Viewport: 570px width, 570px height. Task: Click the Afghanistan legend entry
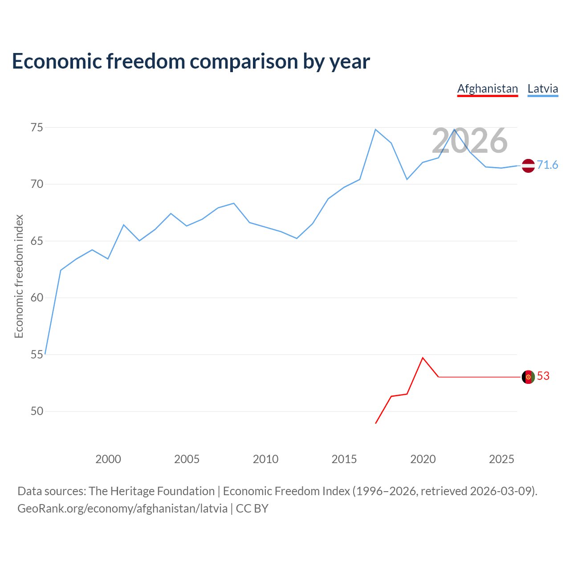(x=488, y=89)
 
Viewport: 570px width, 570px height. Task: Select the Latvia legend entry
(x=542, y=89)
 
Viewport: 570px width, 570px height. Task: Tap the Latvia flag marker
(x=528, y=166)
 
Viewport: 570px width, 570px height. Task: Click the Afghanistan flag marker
(x=528, y=377)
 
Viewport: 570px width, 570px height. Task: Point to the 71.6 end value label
(x=547, y=165)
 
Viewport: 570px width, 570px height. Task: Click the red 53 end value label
(x=543, y=376)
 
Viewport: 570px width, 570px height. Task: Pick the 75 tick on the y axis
(x=37, y=128)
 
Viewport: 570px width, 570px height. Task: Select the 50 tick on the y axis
(x=37, y=411)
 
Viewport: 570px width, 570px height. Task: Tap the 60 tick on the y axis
(x=37, y=298)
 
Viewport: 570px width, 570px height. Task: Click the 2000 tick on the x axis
(x=108, y=459)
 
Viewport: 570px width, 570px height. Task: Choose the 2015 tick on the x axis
(x=344, y=459)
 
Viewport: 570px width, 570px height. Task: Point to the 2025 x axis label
(x=501, y=459)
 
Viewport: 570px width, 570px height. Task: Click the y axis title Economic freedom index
(x=19, y=276)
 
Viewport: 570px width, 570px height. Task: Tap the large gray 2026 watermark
(x=469, y=141)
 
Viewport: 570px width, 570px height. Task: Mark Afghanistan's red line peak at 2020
(x=423, y=358)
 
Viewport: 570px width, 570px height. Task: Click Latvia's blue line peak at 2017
(x=375, y=130)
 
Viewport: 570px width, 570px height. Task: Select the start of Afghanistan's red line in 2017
(x=376, y=423)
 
